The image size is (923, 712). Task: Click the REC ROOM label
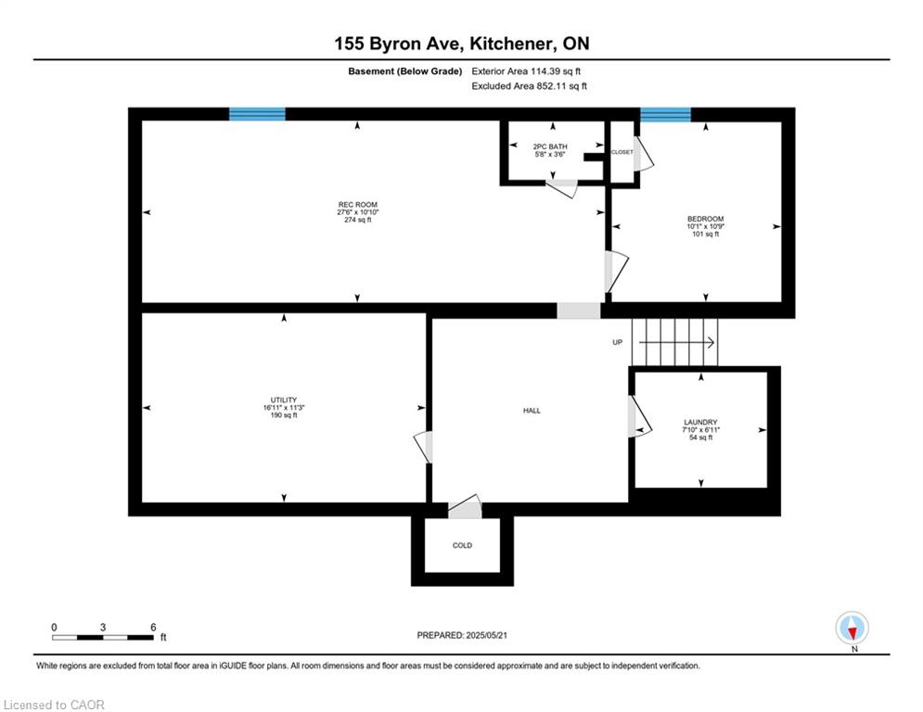pyautogui.click(x=357, y=205)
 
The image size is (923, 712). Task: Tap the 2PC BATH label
pyautogui.click(x=550, y=146)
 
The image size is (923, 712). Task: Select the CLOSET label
pyautogui.click(x=622, y=152)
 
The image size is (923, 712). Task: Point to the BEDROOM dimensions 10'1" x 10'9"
pyautogui.click(x=705, y=226)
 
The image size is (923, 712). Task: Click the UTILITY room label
pyautogui.click(x=284, y=400)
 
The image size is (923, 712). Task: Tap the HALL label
pyautogui.click(x=532, y=411)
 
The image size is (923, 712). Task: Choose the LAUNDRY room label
pyautogui.click(x=700, y=422)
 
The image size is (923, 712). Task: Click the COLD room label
pyautogui.click(x=462, y=545)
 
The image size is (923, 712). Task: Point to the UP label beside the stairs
pyautogui.click(x=617, y=342)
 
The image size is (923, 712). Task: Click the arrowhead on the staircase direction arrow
pyautogui.click(x=712, y=342)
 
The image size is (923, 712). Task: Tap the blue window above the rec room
pyautogui.click(x=257, y=113)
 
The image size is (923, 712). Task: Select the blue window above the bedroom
pyautogui.click(x=665, y=114)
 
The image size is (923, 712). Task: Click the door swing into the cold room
pyautogui.click(x=465, y=507)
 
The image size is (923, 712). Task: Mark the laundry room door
pyautogui.click(x=639, y=416)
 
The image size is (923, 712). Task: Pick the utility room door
pyautogui.click(x=424, y=447)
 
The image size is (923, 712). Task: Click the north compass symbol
pyautogui.click(x=852, y=628)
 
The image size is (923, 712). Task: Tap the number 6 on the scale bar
pyautogui.click(x=153, y=628)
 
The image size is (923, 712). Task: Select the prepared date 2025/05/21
pyautogui.click(x=486, y=635)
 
